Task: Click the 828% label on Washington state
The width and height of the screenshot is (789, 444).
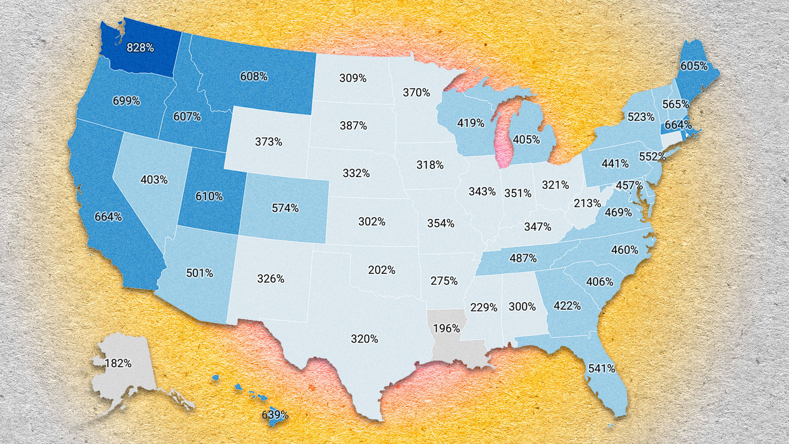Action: tap(140, 48)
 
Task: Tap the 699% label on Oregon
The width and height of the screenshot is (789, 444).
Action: tap(126, 101)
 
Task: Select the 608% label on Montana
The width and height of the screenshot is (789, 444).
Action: tap(254, 76)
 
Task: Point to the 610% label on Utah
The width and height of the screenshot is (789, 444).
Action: tap(209, 197)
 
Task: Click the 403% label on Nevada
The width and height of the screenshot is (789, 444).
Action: tap(154, 180)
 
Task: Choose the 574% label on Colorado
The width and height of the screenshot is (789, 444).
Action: tap(285, 208)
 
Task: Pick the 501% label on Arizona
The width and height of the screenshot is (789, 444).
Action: tap(199, 273)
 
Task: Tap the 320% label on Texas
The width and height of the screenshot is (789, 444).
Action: tap(364, 339)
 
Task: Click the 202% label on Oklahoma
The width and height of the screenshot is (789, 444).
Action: tap(381, 270)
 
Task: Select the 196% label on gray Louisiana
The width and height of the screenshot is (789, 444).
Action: tap(446, 328)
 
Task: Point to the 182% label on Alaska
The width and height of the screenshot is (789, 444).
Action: tap(118, 364)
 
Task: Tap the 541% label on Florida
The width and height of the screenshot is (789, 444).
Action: tap(601, 369)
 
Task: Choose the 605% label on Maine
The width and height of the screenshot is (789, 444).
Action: tap(694, 66)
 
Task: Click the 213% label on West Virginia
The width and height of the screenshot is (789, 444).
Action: tap(587, 203)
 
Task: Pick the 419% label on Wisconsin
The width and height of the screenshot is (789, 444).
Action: tap(471, 123)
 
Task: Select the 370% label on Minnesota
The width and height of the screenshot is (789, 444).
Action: tap(416, 93)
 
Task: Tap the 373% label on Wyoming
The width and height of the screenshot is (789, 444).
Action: tap(268, 142)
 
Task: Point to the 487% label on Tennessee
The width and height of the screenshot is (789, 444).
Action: tap(523, 259)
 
